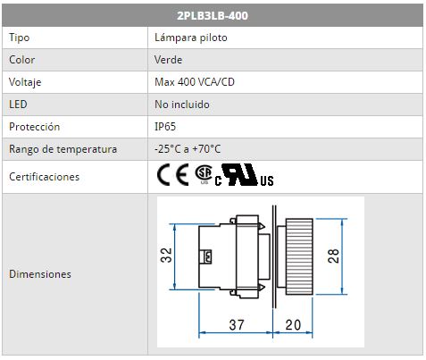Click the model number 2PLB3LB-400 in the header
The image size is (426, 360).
pyautogui.click(x=213, y=15)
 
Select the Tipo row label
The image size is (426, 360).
pyautogui.click(x=20, y=38)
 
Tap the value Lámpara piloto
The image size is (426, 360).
pyautogui.click(x=191, y=38)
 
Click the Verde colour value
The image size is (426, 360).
pyautogui.click(x=168, y=60)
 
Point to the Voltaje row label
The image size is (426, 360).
pyautogui.click(x=25, y=82)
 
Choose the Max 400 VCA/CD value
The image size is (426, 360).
pyautogui.click(x=195, y=82)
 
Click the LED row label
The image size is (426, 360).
pyautogui.click(x=18, y=105)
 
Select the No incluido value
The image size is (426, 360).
pyautogui.click(x=182, y=105)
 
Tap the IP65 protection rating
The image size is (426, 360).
pyautogui.click(x=165, y=127)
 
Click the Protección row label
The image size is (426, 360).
pyautogui.click(x=35, y=127)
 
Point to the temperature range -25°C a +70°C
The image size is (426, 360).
pyautogui.click(x=188, y=149)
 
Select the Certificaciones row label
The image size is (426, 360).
pyautogui.click(x=45, y=177)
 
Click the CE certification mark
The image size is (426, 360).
pyautogui.click(x=173, y=175)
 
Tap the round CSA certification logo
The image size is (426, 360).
pyautogui.click(x=204, y=174)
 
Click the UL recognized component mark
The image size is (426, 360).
pyautogui.click(x=244, y=175)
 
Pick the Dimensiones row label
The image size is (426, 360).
pyautogui.click(x=40, y=274)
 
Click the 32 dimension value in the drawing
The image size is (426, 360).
pyautogui.click(x=166, y=255)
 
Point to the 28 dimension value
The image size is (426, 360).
pyautogui.click(x=333, y=256)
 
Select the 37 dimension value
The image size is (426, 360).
pyautogui.click(x=237, y=325)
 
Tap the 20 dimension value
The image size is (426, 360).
pyautogui.click(x=293, y=325)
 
